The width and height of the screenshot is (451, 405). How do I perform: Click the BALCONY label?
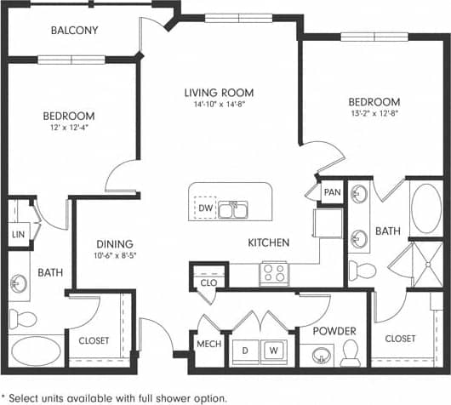(74, 31)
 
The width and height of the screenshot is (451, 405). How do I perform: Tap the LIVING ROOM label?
(220, 93)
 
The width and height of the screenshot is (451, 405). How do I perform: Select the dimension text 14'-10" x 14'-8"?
(220, 106)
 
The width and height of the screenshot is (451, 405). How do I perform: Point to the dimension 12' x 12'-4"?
(70, 128)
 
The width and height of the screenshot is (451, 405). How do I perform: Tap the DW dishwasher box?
(205, 208)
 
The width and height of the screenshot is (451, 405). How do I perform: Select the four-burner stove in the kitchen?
(273, 273)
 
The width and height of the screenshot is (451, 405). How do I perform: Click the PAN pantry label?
(331, 193)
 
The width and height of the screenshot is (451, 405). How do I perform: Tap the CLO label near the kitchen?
(208, 282)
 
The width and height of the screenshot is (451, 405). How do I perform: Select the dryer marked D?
(248, 349)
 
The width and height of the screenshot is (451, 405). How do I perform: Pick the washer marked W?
(274, 349)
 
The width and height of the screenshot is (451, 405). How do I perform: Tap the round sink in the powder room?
(322, 354)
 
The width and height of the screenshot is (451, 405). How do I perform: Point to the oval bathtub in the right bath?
(424, 206)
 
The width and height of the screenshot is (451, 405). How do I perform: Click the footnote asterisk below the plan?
(5, 396)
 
